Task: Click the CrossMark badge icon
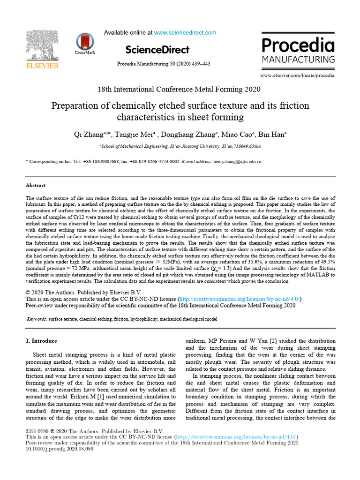tap(85, 42)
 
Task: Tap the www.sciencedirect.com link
tap(185, 33)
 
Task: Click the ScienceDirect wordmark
tap(157, 50)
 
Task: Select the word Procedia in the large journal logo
tap(298, 45)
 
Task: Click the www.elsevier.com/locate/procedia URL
tap(297, 75)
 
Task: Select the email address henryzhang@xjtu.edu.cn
tap(237, 161)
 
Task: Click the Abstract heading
tap(36, 185)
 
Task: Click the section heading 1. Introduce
tap(41, 341)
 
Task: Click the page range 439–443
tap(201, 64)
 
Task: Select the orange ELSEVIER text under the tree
tap(42, 66)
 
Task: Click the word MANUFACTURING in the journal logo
tap(298, 60)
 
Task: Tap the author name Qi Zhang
tap(90, 135)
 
